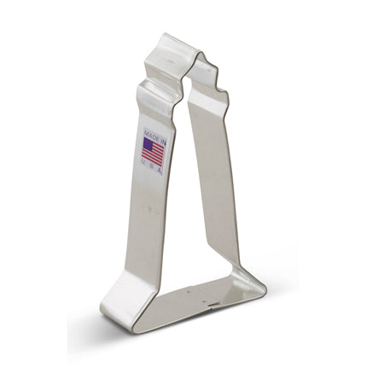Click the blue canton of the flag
coord(148,144)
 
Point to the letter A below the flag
coord(160,171)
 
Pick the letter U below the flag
coord(143,161)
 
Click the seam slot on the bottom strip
coord(213,305)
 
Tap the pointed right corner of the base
coord(266,289)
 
